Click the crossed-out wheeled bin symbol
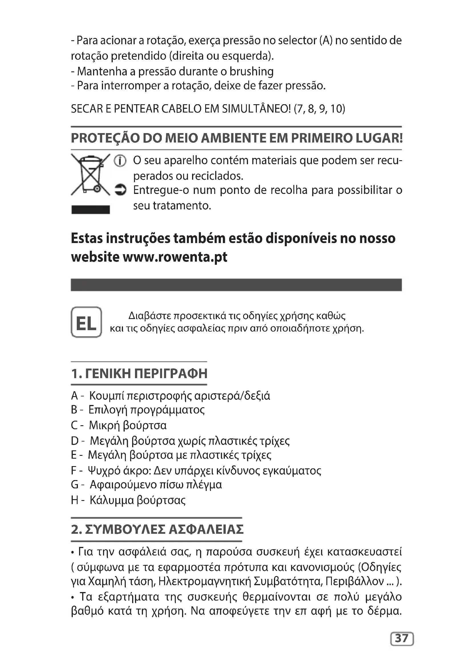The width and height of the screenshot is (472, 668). [91, 174]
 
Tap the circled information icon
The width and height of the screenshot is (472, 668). [120, 161]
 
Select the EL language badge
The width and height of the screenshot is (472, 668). [86, 322]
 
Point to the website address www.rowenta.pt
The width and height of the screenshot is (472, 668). [175, 257]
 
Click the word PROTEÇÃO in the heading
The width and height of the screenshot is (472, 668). [105, 138]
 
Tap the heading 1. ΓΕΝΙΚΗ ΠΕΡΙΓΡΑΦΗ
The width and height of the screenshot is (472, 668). [139, 374]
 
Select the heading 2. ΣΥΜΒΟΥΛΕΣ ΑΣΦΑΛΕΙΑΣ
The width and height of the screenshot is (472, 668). [157, 529]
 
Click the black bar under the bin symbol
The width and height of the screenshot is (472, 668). [91, 209]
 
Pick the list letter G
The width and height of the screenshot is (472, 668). [75, 485]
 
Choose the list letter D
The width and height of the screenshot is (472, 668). [75, 441]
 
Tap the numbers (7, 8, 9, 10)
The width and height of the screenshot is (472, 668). [319, 109]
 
